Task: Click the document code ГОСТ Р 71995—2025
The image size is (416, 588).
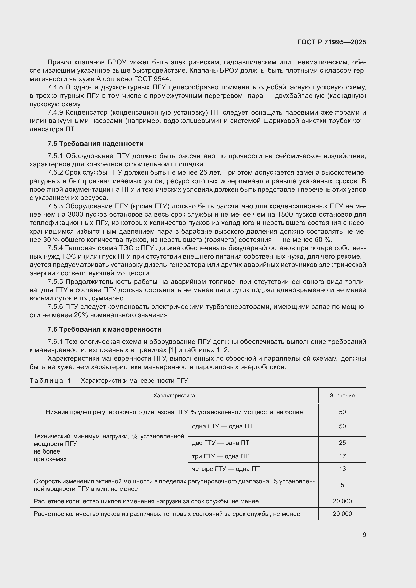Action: (332, 42)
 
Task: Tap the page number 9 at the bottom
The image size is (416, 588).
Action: (364, 535)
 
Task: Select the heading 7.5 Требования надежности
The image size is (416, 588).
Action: (95, 144)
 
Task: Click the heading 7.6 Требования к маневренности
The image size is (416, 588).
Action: (104, 329)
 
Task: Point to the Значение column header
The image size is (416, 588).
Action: (342, 395)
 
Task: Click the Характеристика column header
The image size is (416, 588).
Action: (174, 395)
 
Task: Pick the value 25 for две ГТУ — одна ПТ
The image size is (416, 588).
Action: (342, 443)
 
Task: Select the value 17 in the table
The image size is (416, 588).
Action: (342, 456)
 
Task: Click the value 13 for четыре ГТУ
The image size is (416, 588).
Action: (342, 469)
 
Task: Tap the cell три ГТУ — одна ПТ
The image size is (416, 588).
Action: (220, 456)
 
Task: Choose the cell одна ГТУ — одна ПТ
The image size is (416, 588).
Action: (222, 426)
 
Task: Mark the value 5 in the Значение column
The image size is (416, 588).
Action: (342, 485)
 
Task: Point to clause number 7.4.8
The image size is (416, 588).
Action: (55, 87)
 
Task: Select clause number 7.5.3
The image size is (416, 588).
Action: (55, 206)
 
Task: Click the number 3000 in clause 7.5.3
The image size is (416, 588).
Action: (75, 215)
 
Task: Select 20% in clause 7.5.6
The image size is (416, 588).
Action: (81, 315)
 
